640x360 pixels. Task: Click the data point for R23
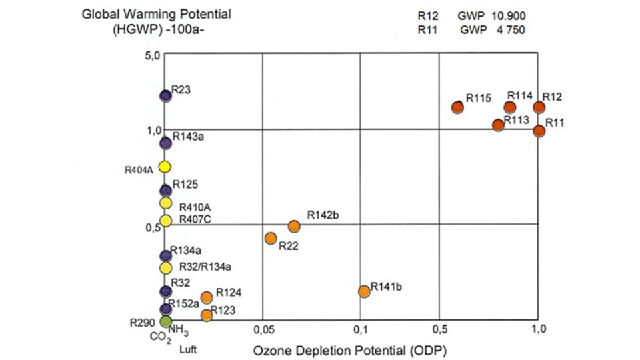click(x=165, y=96)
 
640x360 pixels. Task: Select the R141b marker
click(x=364, y=291)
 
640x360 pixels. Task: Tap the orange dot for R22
click(x=271, y=238)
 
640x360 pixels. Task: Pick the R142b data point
click(x=294, y=226)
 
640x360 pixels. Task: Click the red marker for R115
click(x=457, y=107)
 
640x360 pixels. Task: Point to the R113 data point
click(x=498, y=125)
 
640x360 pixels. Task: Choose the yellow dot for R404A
click(x=165, y=167)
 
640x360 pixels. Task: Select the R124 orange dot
click(x=207, y=297)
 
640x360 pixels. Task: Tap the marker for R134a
click(x=165, y=255)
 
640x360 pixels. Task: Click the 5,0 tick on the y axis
click(x=153, y=56)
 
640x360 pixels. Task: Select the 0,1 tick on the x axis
click(x=361, y=330)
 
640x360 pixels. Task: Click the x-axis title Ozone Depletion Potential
click(x=349, y=349)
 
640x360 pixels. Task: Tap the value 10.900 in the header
click(x=515, y=15)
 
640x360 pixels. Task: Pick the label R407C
click(x=195, y=219)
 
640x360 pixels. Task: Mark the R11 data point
click(x=539, y=131)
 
